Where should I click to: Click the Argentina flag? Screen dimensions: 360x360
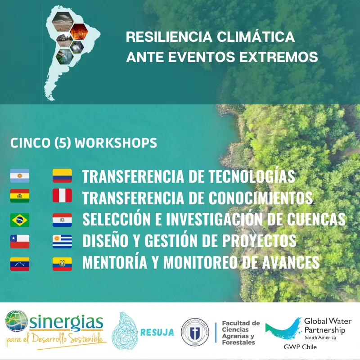click(x=20, y=175)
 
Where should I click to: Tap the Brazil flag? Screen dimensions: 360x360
click(x=20, y=220)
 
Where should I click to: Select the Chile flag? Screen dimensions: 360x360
click(x=20, y=242)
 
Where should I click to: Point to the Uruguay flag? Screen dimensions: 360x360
click(x=62, y=242)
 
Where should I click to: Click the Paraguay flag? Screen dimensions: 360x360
click(x=62, y=220)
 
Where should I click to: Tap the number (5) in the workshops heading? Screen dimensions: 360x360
click(x=63, y=143)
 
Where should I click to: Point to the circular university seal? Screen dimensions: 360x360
click(x=194, y=333)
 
